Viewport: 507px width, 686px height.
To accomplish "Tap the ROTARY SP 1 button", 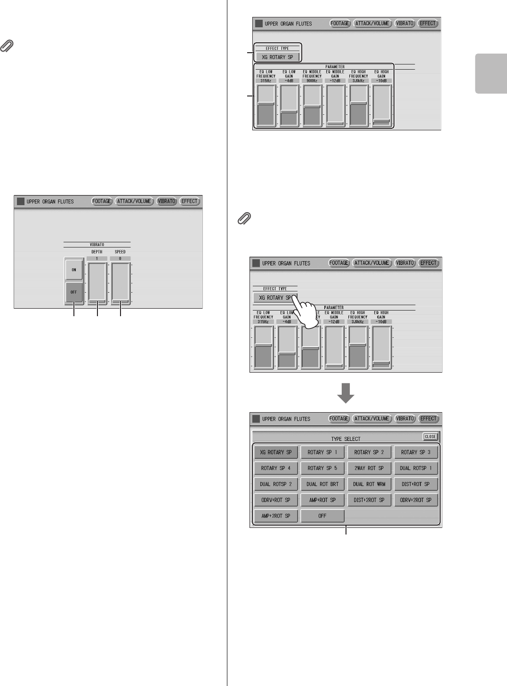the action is point(322,452).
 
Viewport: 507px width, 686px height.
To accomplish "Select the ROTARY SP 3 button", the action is point(416,452).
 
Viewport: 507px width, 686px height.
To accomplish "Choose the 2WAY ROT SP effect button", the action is point(369,468).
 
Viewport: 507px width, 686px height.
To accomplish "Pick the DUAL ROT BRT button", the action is point(322,484).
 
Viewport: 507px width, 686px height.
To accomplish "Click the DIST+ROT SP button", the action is point(416,484).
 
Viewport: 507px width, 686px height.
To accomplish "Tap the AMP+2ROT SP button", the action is point(276,516).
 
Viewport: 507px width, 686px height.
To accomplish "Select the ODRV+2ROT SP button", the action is point(416,500).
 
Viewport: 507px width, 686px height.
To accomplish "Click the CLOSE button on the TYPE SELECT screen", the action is point(430,437).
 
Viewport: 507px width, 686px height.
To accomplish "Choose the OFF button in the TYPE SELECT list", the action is point(322,516).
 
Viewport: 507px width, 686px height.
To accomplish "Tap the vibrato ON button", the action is point(74,270).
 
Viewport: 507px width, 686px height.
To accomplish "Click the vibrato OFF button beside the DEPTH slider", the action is point(74,292).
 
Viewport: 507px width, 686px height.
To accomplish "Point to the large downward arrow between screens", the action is point(346,392).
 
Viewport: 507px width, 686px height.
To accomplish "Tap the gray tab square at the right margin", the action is point(491,73).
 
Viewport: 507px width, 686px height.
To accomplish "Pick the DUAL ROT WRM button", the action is point(369,484).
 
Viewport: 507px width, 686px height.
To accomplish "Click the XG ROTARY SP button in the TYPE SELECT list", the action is point(276,452).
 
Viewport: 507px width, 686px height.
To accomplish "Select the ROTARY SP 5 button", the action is point(322,468).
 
